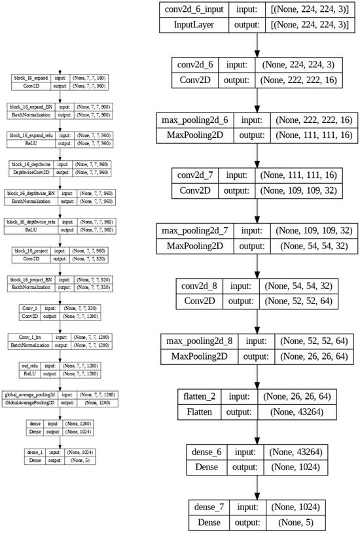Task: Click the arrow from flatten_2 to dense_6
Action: tap(260, 434)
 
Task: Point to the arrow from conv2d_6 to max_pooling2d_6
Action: tap(260, 101)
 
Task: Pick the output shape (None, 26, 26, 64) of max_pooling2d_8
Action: tap(305, 358)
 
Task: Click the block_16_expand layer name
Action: tap(30, 78)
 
